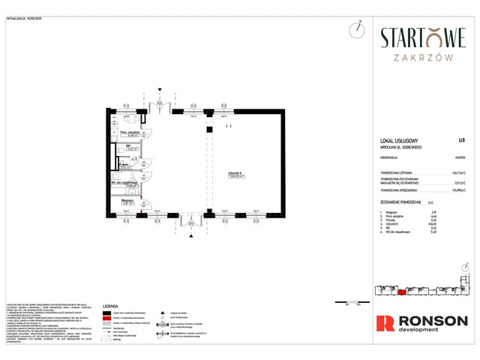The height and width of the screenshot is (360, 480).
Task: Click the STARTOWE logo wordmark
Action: (x=423, y=37)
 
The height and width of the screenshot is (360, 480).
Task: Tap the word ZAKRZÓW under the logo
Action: (x=423, y=55)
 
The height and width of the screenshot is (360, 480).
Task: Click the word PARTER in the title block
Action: (x=460, y=158)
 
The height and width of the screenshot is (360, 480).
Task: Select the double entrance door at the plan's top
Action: (x=159, y=106)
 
